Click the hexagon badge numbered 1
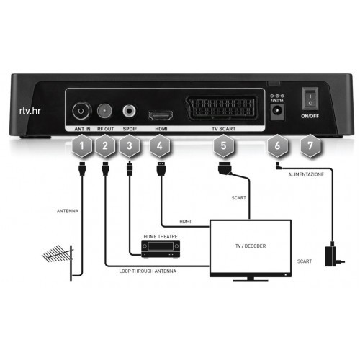pos(82,145)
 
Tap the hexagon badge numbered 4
pos(160,145)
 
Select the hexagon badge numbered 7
pos(310,145)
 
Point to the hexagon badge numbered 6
pos(277,145)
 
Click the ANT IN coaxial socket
pos(81,111)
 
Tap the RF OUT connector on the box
pos(105,111)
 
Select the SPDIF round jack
pos(130,111)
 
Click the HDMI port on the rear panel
pos(161,116)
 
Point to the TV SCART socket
pos(222,108)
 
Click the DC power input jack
pos(277,112)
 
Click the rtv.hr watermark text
pos(30,111)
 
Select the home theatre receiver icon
pos(161,250)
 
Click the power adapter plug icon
pos(334,256)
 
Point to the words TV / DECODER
pos(251,246)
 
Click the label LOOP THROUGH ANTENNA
pos(148,271)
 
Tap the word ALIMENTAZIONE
pos(306,174)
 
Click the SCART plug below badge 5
pos(225,168)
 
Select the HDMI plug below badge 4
pos(161,168)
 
